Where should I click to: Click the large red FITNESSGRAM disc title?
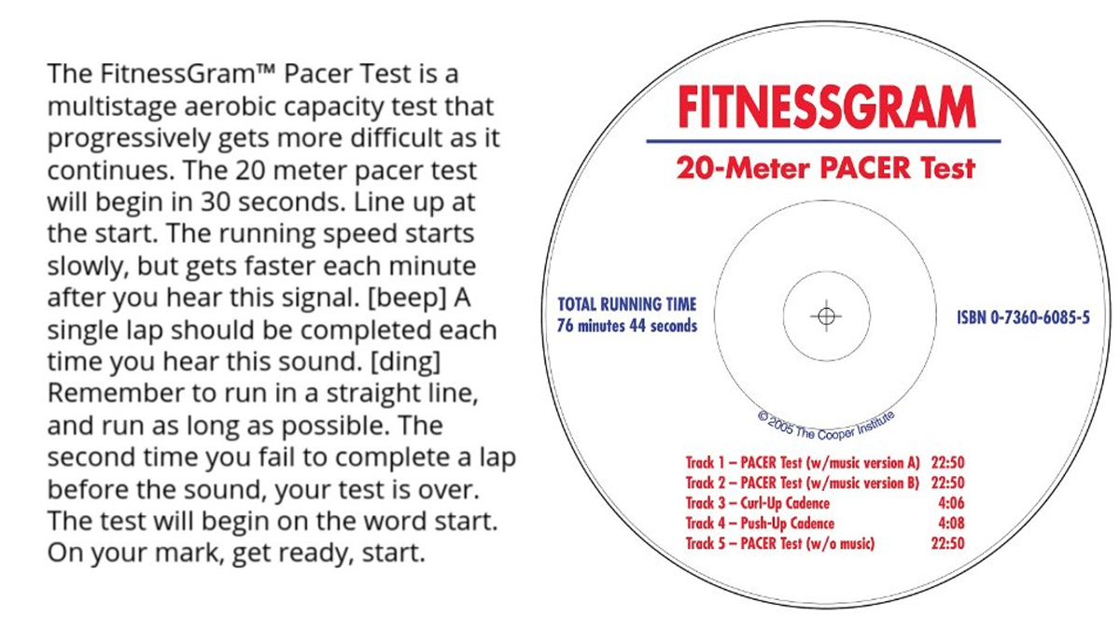pos(826,109)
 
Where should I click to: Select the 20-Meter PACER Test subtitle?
pos(826,169)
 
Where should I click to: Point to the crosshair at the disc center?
pos(825,316)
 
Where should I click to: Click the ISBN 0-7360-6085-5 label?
pos(1023,317)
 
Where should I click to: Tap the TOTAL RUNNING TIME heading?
pos(626,305)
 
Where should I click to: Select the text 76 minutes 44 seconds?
pos(626,327)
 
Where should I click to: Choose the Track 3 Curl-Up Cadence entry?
pos(758,503)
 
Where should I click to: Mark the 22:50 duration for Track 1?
pos(947,462)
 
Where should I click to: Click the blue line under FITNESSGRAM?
pos(823,141)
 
